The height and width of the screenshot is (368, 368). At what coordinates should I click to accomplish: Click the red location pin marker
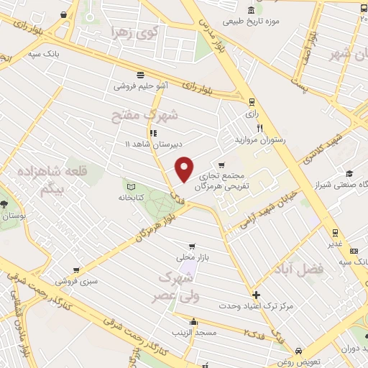[185, 169]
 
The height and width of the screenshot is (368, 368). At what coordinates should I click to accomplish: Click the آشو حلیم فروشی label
[141, 86]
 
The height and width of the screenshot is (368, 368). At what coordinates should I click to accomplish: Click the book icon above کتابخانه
[129, 184]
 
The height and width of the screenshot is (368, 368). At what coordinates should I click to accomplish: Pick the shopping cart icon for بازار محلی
[190, 246]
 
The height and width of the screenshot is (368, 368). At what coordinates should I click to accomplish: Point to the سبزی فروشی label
[78, 280]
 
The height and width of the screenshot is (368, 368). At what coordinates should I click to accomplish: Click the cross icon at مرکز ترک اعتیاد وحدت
[257, 295]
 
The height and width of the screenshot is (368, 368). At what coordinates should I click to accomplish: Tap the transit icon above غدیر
[334, 232]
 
